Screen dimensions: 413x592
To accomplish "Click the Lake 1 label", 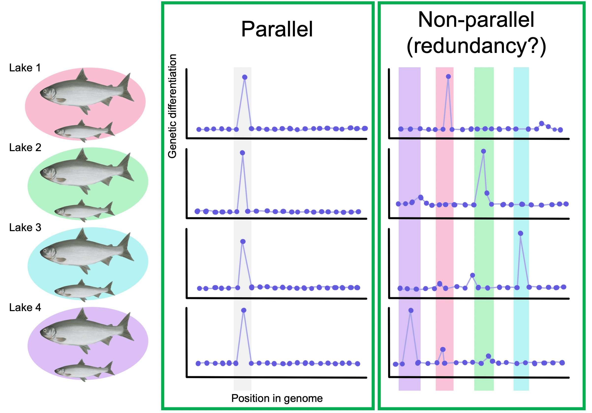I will click(x=25, y=68).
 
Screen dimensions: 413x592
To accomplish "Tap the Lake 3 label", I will click(x=25, y=227).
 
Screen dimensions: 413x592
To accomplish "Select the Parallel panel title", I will click(x=277, y=29).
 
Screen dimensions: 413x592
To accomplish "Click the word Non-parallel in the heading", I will click(x=476, y=20).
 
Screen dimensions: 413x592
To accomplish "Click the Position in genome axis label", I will click(x=277, y=398).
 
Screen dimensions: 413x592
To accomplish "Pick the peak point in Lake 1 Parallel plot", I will click(x=245, y=77).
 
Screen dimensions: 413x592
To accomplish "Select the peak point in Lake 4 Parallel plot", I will click(x=244, y=310).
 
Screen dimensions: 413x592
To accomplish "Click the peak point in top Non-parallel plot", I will click(x=448, y=76).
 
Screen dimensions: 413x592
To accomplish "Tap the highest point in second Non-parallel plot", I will click(x=483, y=151).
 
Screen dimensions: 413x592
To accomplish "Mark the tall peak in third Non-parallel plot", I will click(x=520, y=233).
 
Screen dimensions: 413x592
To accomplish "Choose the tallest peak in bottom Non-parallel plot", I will click(x=411, y=310).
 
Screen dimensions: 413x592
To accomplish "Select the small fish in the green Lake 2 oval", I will click(x=84, y=211).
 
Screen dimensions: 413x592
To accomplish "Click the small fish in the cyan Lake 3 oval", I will click(x=84, y=290).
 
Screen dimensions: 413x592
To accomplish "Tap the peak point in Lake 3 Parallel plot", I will click(x=243, y=241).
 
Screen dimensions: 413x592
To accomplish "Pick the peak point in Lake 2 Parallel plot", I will click(x=242, y=153).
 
